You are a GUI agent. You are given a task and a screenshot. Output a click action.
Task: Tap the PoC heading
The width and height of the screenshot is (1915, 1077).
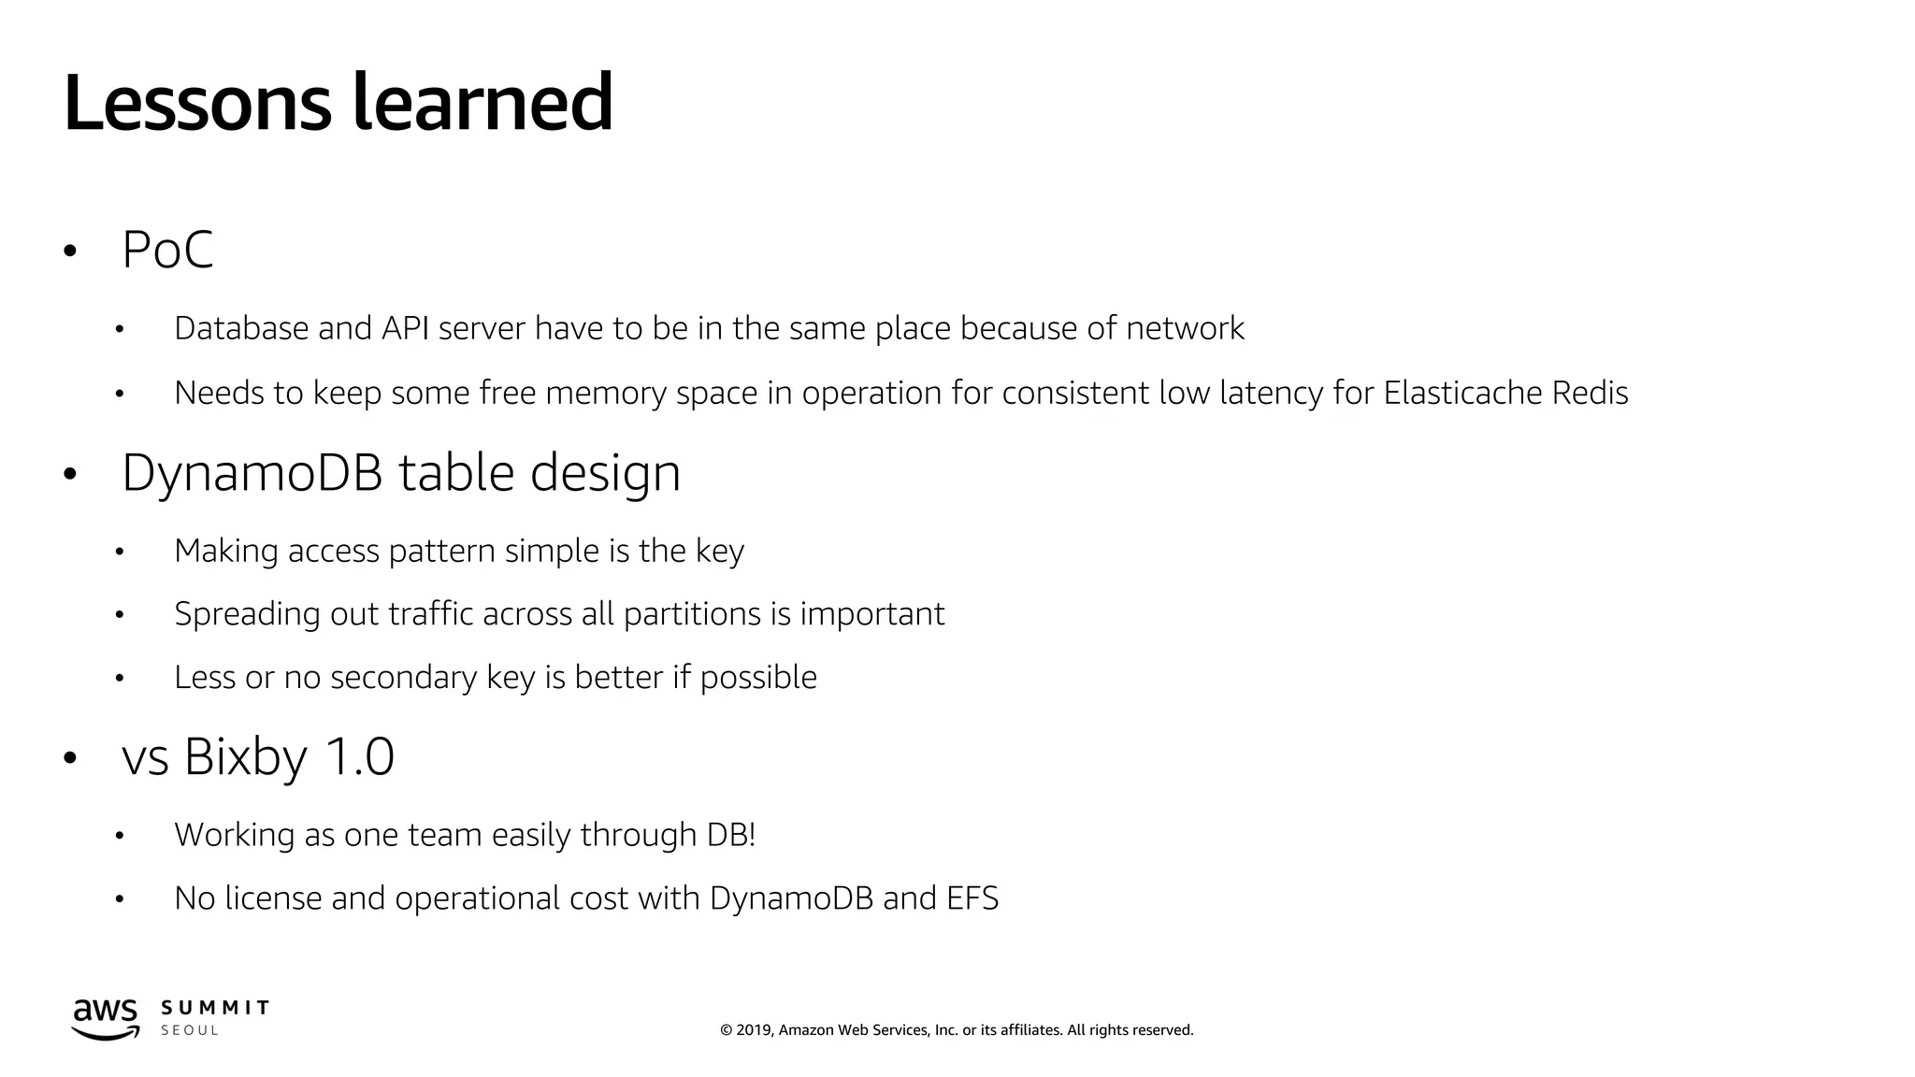pos(167,250)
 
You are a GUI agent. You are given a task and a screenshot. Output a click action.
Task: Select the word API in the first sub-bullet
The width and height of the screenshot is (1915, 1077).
pos(405,328)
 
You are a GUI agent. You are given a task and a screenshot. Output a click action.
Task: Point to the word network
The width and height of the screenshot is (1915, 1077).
pos(1185,328)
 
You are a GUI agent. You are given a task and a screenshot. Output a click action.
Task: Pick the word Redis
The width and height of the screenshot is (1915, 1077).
pos(1590,393)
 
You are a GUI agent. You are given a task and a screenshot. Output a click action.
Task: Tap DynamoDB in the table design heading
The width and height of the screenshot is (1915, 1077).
pos(252,472)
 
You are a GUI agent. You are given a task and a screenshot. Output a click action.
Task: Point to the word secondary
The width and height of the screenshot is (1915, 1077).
pos(404,677)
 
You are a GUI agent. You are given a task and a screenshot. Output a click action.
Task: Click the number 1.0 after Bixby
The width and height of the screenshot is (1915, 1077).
pos(359,756)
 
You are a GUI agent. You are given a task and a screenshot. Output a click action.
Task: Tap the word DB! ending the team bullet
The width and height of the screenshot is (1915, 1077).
pos(731,835)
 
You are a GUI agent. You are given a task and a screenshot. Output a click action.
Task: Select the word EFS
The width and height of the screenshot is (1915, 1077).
pos(972,898)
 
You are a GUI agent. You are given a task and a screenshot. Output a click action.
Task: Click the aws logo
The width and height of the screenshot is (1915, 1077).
pos(106,1018)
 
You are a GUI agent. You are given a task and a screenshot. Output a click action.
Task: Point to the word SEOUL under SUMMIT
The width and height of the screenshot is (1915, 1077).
pos(190,1030)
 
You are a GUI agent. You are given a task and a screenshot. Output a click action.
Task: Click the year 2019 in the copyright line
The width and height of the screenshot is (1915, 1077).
pos(754,1030)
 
